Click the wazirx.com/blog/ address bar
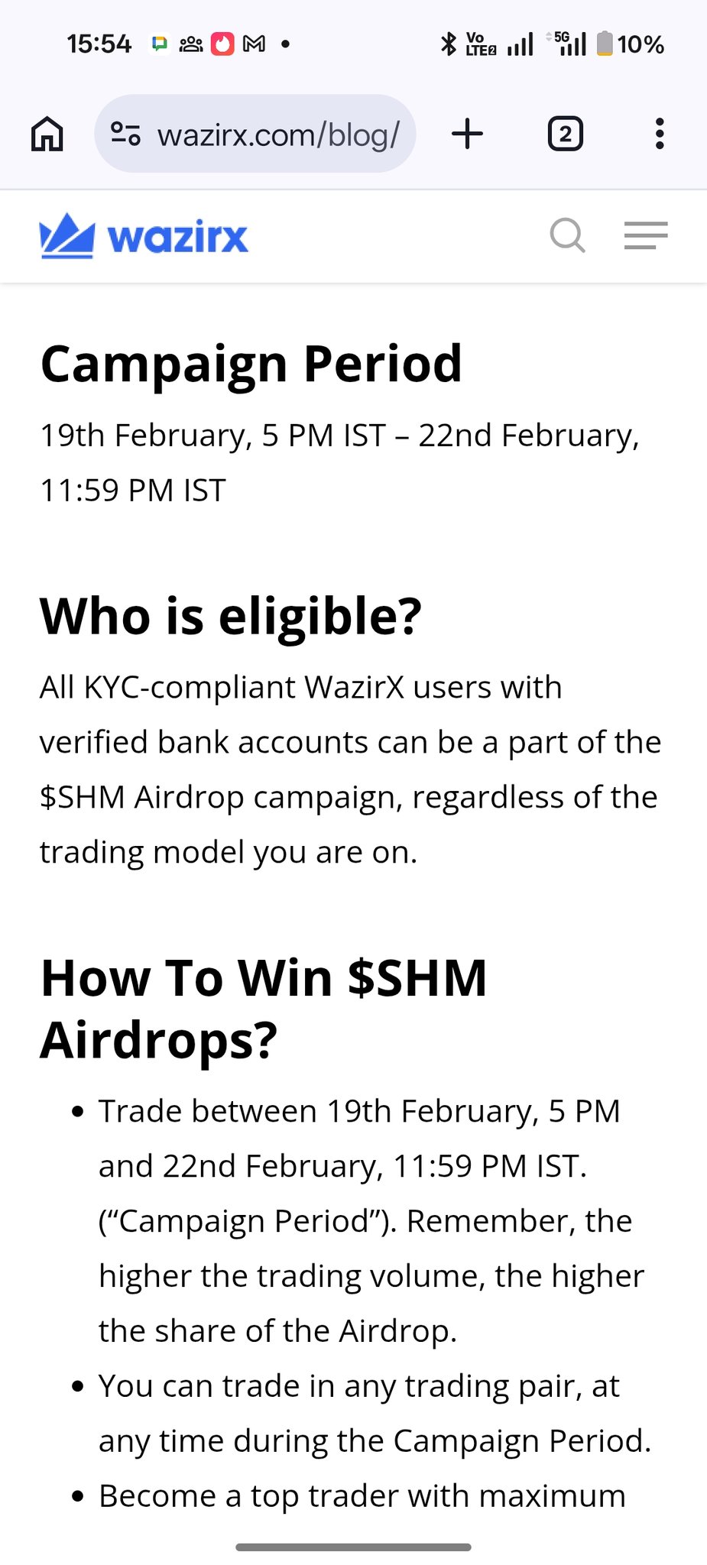coord(255,134)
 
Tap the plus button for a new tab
coord(468,134)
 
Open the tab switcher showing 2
coord(566,134)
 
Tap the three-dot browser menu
coord(660,134)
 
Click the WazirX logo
coord(144,235)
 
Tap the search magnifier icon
coord(568,235)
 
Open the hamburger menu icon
coord(646,235)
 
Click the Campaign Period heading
coord(251,364)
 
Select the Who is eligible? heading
coord(231,617)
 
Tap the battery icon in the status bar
coord(605,44)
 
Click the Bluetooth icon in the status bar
coord(449,44)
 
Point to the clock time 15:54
coord(99,44)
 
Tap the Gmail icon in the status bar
coord(254,44)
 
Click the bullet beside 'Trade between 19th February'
coord(77,1112)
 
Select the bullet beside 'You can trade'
coord(77,1387)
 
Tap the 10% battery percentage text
coord(641,44)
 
